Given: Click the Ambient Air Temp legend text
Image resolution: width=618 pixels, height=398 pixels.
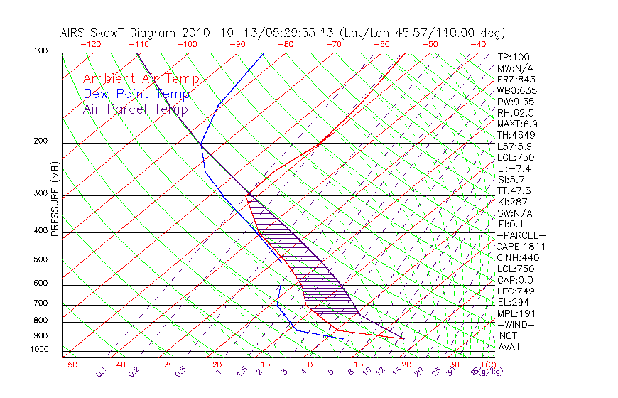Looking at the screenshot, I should [141, 79].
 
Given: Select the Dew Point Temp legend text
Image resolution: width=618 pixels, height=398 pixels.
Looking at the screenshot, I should [136, 94].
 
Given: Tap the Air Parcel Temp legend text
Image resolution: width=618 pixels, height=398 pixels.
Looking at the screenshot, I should [135, 109].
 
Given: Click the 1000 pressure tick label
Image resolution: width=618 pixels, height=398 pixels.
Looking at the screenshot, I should [40, 350].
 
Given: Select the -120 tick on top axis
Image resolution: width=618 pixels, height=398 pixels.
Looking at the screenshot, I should [90, 44].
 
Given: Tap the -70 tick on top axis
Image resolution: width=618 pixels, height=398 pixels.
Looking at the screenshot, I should [333, 44].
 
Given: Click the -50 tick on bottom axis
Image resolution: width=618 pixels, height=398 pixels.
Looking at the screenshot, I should [69, 365].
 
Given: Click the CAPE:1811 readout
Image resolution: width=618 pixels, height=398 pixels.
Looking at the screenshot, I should [521, 247].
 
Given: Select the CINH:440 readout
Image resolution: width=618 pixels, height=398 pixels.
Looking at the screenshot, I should [519, 257].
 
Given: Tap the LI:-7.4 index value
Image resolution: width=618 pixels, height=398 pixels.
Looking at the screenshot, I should [514, 168].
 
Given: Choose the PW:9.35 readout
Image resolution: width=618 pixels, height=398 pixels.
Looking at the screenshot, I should [516, 102].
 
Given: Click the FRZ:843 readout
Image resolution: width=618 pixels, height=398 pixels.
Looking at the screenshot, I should [516, 79].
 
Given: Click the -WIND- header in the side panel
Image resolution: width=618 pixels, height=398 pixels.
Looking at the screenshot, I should [515, 324].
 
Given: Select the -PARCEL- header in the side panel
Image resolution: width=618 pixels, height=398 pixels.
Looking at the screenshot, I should [521, 235].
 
